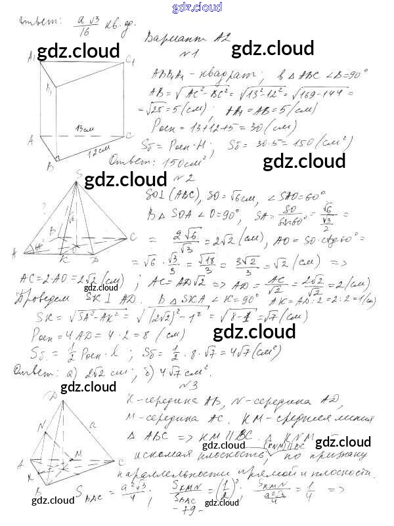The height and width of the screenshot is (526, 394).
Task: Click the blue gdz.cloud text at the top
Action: [x=197, y=8]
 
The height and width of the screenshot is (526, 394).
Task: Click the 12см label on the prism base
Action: [x=99, y=153]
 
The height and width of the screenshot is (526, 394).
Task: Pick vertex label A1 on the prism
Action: [x=32, y=58]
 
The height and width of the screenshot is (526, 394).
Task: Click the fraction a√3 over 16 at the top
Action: [x=84, y=25]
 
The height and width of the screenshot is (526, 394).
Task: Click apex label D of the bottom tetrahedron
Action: [x=52, y=395]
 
